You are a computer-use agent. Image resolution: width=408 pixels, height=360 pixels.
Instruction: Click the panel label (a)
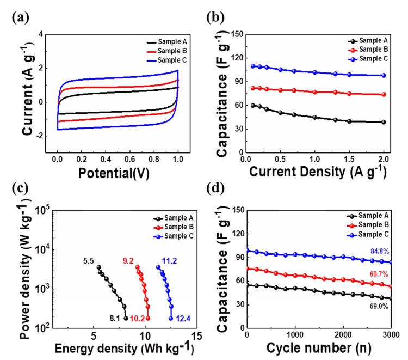(21, 18)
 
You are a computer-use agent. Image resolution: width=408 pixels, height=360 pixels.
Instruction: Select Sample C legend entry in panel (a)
(167, 60)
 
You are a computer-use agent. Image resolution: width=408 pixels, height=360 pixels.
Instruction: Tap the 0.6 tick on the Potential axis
(129, 159)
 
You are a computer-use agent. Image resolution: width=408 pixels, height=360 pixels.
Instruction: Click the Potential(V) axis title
(114, 173)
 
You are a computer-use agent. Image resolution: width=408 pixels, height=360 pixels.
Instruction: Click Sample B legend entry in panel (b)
(368, 50)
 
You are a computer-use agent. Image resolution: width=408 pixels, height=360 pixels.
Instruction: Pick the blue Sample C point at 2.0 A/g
(384, 76)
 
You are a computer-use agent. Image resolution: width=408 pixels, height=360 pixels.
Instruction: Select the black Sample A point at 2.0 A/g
(384, 122)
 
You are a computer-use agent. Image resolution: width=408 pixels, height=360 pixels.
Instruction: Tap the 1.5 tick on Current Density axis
(349, 159)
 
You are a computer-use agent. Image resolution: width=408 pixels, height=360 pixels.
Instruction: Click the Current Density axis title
(318, 172)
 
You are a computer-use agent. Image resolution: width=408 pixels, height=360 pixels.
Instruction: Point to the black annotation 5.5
(89, 261)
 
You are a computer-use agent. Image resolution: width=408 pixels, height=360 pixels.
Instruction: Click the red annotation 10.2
(137, 318)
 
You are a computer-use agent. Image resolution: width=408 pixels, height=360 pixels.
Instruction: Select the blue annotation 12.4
(183, 318)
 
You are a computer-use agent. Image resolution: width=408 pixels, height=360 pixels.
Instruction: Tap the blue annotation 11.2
(169, 261)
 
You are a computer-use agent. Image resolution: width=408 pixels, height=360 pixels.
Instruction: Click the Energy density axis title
(125, 349)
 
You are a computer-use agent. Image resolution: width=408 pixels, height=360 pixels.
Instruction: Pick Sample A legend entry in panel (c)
(174, 218)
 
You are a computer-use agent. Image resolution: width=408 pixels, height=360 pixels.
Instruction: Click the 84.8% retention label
(380, 252)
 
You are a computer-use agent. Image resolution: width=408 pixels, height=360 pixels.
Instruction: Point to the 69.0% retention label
(379, 306)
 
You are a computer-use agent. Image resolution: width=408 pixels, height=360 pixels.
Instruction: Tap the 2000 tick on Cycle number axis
(343, 335)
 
